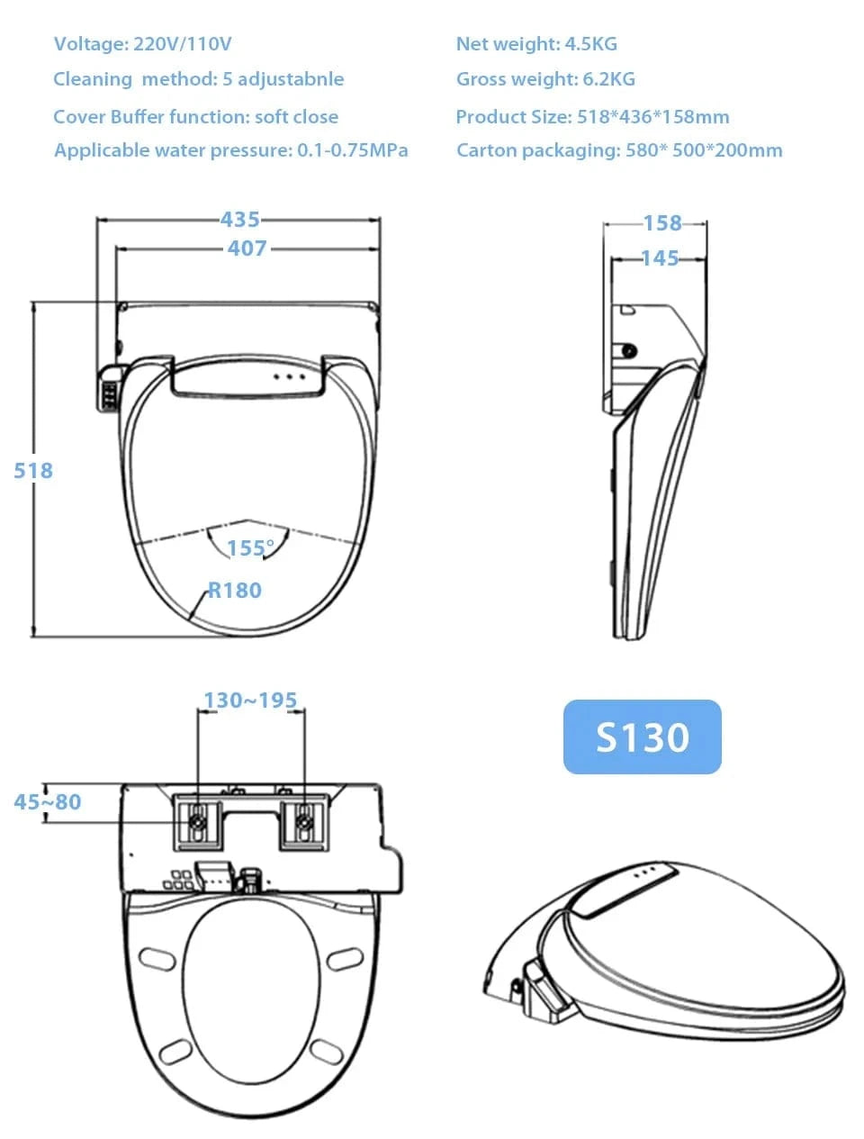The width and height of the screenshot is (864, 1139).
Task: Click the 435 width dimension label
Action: [x=240, y=219]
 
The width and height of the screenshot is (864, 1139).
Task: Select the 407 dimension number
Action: [x=247, y=248]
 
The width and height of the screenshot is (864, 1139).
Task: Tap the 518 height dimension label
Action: [x=33, y=470]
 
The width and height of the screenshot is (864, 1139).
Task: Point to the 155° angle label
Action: [x=250, y=548]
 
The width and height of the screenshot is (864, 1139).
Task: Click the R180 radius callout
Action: [x=235, y=591]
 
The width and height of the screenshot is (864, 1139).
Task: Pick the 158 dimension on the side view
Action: [x=662, y=222]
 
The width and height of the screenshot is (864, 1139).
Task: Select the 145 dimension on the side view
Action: [x=660, y=258]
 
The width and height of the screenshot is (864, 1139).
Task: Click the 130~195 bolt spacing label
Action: [x=250, y=701]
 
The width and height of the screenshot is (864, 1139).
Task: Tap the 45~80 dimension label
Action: [x=48, y=801]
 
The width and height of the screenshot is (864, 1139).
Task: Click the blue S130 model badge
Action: [x=643, y=737]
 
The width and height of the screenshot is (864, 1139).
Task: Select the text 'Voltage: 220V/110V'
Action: [x=143, y=44]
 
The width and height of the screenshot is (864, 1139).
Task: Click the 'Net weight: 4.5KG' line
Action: [x=536, y=44]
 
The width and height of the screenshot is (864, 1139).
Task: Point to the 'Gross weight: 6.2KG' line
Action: [x=545, y=79]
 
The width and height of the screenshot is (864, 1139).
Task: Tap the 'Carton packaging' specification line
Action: [x=619, y=150]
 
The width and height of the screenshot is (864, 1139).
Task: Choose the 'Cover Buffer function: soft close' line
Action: [x=196, y=116]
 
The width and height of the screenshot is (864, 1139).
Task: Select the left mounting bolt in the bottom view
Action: [x=197, y=821]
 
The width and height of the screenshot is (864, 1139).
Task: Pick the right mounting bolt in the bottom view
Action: [x=305, y=821]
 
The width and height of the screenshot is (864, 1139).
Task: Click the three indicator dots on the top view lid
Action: [x=290, y=376]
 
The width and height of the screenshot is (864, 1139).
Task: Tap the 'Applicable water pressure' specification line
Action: [x=231, y=150]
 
